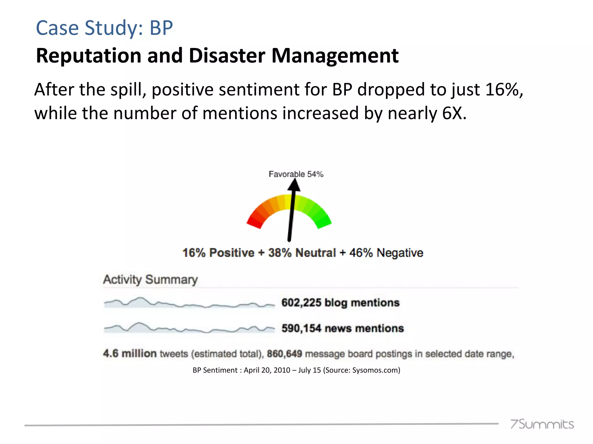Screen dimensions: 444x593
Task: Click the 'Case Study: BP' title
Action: coord(104,28)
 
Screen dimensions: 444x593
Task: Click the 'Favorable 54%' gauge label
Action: coord(296,174)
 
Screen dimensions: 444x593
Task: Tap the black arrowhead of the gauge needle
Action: coord(294,185)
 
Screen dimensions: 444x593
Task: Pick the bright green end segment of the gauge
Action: coord(323,222)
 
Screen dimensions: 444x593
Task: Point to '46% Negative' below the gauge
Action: coord(386,253)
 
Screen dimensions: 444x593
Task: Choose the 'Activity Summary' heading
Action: coord(150,280)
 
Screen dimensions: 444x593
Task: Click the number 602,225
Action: coord(301,303)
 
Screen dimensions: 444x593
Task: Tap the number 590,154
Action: coord(301,328)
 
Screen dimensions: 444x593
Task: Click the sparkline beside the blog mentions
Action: coord(189,303)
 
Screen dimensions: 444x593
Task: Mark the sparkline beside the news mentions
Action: coord(189,328)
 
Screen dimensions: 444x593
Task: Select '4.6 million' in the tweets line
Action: coord(130,354)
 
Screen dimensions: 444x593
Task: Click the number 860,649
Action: coord(284,354)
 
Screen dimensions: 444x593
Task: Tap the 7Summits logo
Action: coord(542,424)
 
